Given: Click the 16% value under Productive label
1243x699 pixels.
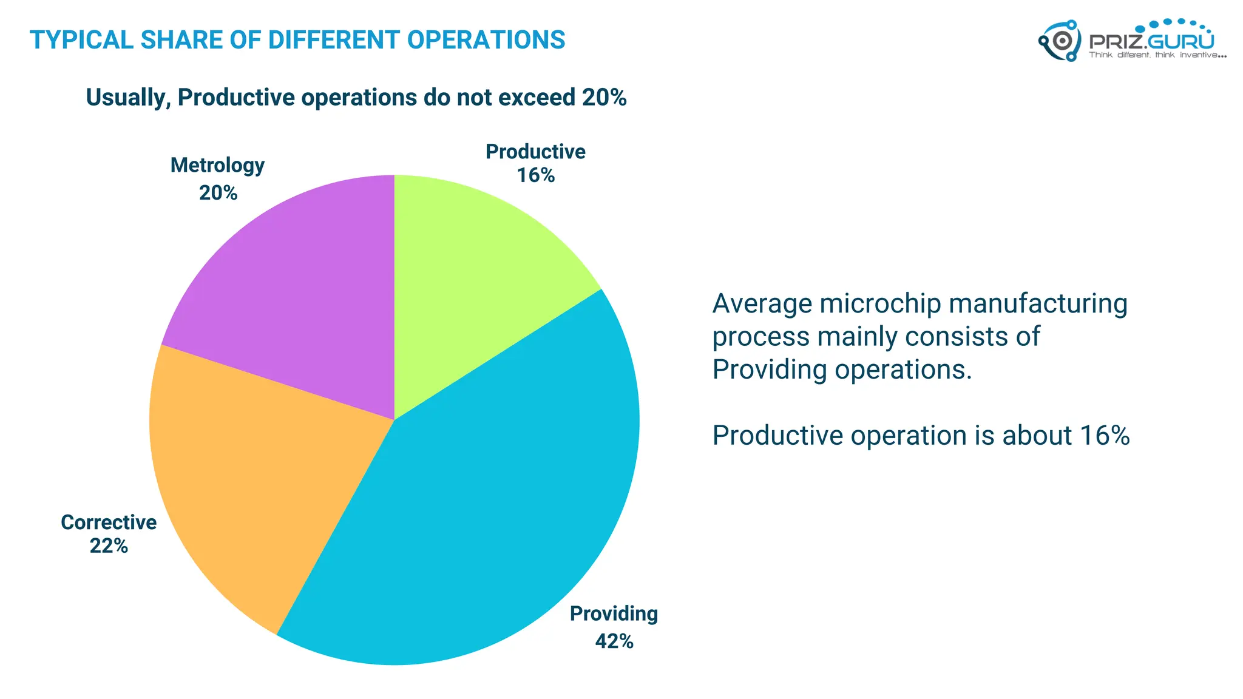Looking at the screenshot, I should pyautogui.click(x=535, y=175).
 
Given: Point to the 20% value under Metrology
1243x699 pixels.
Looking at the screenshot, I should pyautogui.click(x=218, y=193).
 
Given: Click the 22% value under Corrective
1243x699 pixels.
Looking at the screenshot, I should pyautogui.click(x=109, y=546).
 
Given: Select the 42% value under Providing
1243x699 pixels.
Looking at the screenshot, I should pyautogui.click(x=614, y=641).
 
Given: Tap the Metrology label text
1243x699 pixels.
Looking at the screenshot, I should pyautogui.click(x=217, y=165).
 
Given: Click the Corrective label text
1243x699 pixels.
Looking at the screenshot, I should pyautogui.click(x=109, y=522).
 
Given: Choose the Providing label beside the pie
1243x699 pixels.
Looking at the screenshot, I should pyautogui.click(x=614, y=614).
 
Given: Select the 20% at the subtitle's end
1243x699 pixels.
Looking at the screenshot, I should pyautogui.click(x=604, y=98).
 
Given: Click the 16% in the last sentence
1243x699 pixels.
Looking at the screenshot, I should pyautogui.click(x=1104, y=436).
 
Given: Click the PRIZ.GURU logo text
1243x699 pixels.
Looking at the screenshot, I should pyautogui.click(x=1151, y=41).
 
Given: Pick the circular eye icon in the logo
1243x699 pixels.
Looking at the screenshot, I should pyautogui.click(x=1062, y=41).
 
